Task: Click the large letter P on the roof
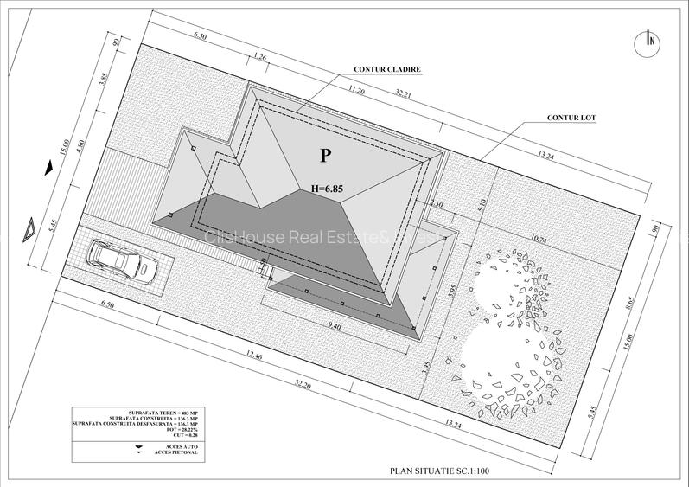point(325,156)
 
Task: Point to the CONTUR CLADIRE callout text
point(387,68)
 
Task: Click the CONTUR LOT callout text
point(571,117)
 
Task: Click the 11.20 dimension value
point(356,89)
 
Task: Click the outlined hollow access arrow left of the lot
point(30,229)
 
